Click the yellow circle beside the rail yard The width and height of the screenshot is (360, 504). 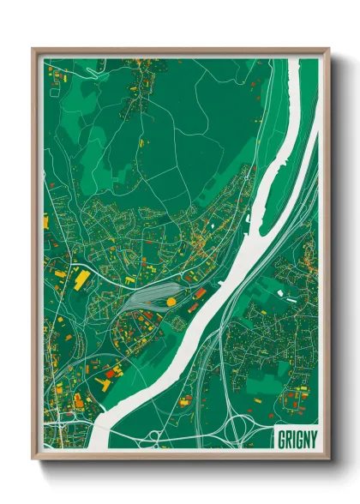coord(171,301)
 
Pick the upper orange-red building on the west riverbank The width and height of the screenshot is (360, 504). coord(200,293)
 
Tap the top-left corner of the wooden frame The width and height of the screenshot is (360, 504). coord(33,49)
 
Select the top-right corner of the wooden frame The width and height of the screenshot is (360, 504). coord(328,49)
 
